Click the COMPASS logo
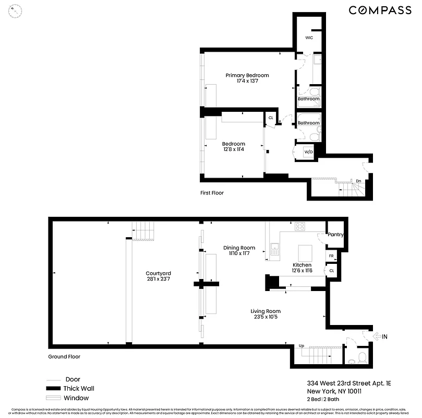click(380, 10)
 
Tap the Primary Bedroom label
click(247, 75)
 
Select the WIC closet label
click(309, 38)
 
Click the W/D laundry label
click(308, 152)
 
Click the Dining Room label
click(239, 248)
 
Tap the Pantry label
click(335, 235)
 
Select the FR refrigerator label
click(331, 256)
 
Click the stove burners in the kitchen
click(300, 226)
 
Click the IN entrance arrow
click(381, 336)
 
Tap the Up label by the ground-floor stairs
click(302, 346)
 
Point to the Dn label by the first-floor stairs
click(358, 181)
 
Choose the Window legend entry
click(76, 398)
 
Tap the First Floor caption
click(212, 193)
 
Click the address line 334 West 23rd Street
click(341, 383)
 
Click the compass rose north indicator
click(17, 10)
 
